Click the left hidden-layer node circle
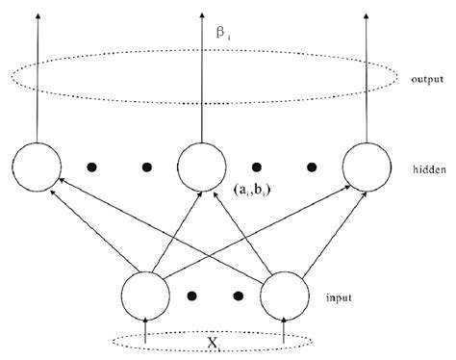click(38, 167)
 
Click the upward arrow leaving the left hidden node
click(38, 77)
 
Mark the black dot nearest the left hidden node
click(92, 167)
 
